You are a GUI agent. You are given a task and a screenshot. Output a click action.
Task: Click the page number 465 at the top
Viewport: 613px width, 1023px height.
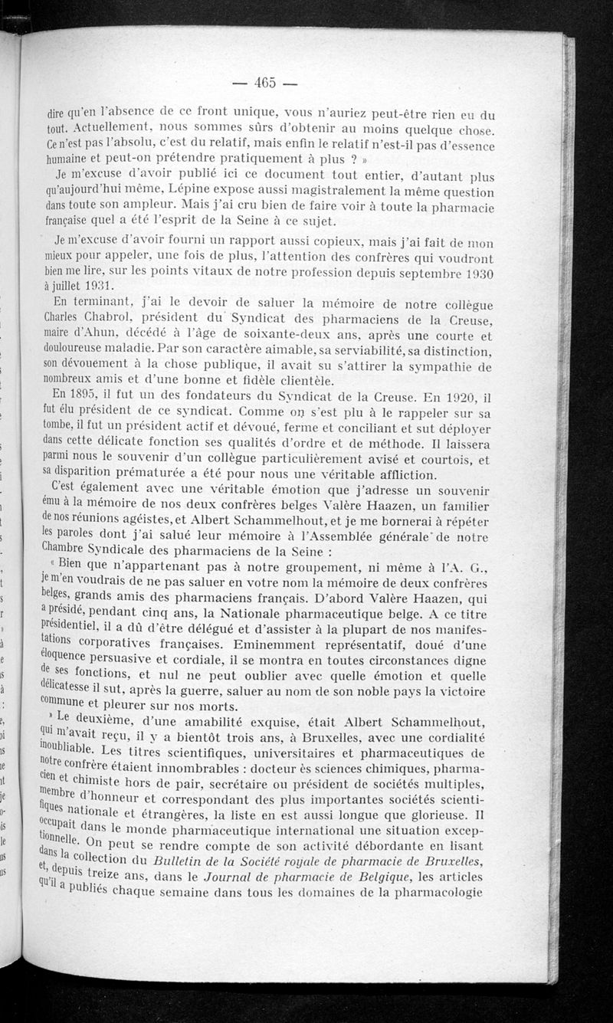click(x=264, y=82)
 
